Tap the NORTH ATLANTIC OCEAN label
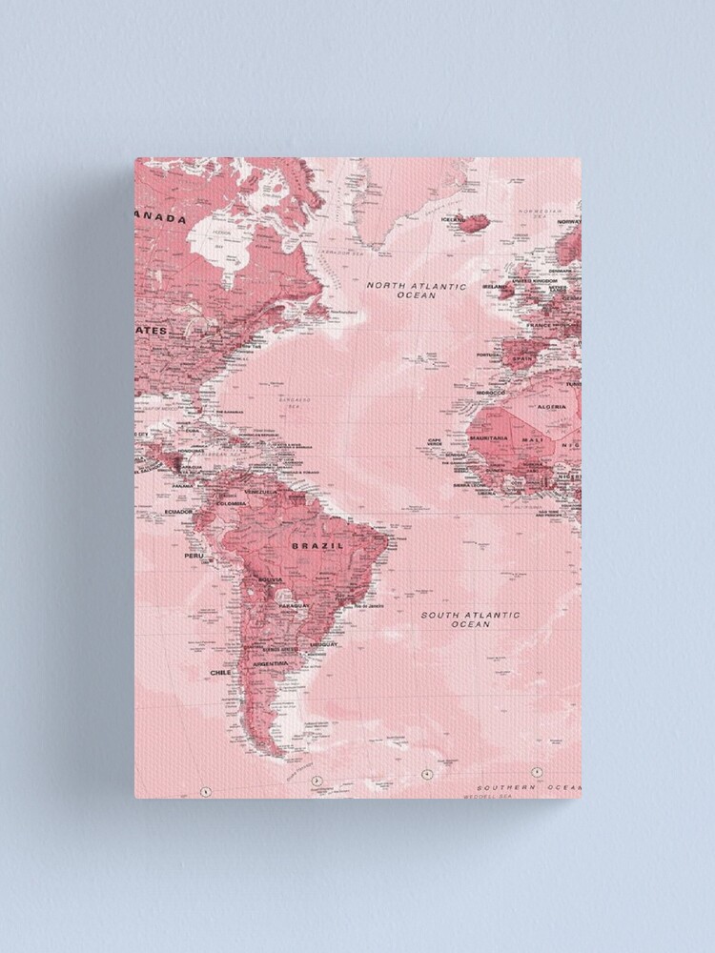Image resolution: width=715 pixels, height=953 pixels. point(417,291)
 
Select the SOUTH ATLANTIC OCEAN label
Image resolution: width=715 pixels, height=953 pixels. point(470,619)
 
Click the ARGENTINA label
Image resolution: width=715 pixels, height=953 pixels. point(271,663)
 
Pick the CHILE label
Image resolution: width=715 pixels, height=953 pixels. point(220,672)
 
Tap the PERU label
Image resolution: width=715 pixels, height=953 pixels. point(194,555)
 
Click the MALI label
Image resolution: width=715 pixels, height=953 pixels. point(532,439)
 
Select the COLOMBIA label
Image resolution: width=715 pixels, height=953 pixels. point(232,504)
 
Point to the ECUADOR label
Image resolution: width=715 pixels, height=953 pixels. point(179,512)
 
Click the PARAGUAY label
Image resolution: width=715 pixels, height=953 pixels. point(295,605)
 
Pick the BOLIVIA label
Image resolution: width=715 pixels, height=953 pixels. point(271,579)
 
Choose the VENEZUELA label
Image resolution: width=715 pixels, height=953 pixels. point(261,492)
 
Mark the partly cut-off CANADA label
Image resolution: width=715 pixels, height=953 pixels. point(162,218)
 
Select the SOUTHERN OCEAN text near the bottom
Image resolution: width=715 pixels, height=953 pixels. point(528,788)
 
